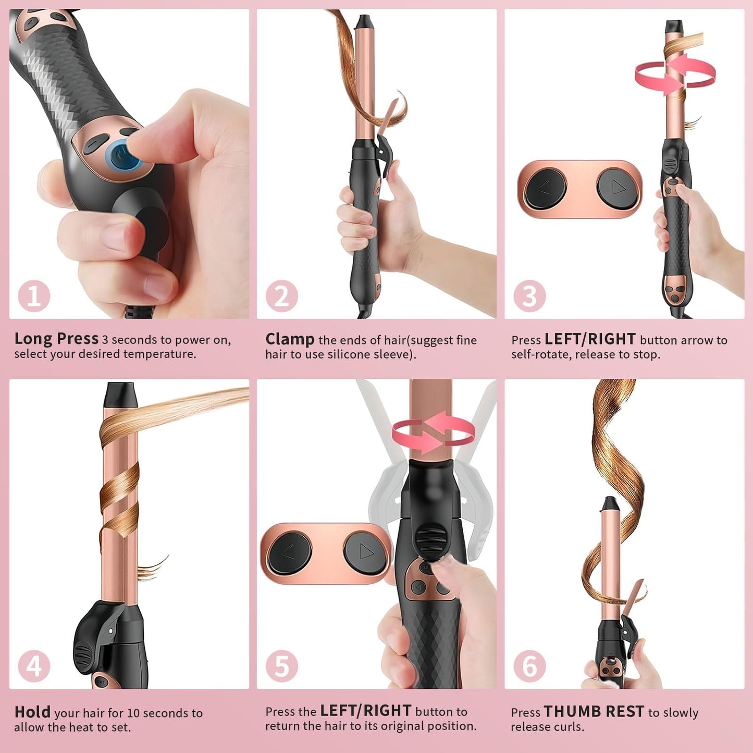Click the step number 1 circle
click(x=34, y=296)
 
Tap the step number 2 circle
click(x=282, y=296)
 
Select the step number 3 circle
click(x=529, y=296)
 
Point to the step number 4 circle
click(x=34, y=666)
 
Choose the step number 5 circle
click(x=282, y=666)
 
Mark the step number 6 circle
click(x=529, y=666)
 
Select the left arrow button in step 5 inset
click(x=290, y=552)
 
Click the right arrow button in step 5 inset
click(x=365, y=552)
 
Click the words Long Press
click(x=56, y=339)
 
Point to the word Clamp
click(x=290, y=340)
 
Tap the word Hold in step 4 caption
click(x=32, y=712)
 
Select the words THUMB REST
click(x=594, y=711)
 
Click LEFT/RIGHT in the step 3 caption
click(x=590, y=339)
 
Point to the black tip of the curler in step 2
click(x=365, y=22)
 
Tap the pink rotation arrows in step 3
click(x=675, y=74)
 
